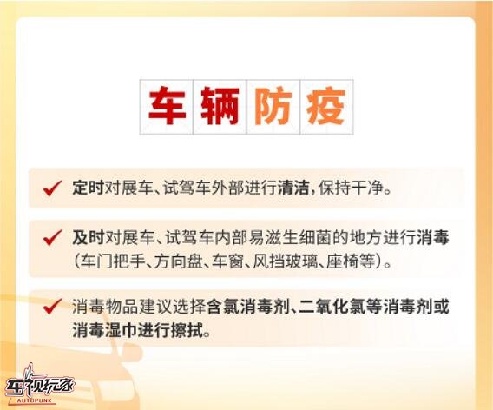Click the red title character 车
[167, 105]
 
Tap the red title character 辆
[220, 106]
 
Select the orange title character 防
[273, 106]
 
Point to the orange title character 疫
[326, 106]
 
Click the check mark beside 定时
[52, 188]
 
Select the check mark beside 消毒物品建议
[52, 306]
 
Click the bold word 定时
[88, 188]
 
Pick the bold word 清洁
[293, 188]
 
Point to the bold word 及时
[89, 237]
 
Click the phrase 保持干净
[351, 188]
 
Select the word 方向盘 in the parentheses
[178, 261]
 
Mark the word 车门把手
[113, 261]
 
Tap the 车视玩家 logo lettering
[40, 385]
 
